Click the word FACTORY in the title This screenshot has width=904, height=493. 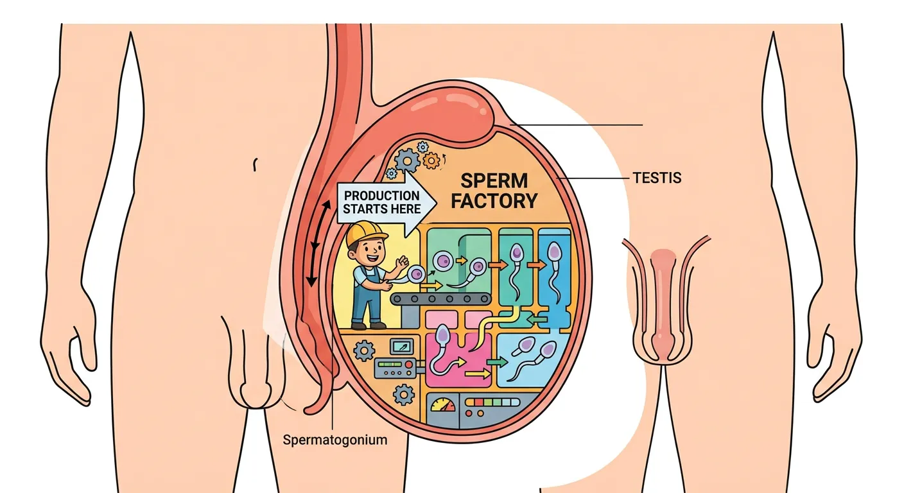tap(494, 201)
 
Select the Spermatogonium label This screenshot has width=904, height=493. tap(335, 440)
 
